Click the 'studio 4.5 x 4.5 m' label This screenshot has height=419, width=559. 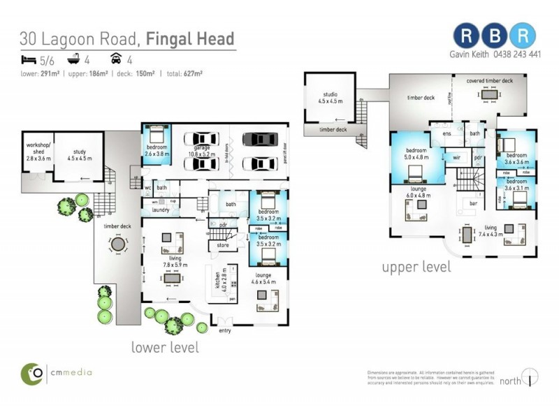330,96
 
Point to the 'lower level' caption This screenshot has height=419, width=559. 165,347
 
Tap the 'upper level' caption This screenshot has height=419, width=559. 416,267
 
